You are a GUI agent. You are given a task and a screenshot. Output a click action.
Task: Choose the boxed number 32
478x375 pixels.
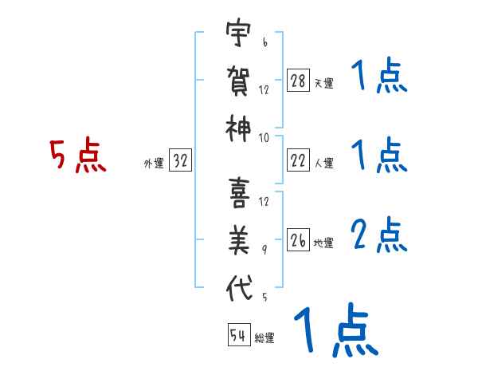pyautogui.click(x=181, y=161)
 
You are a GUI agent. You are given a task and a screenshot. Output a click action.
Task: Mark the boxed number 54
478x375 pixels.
pyautogui.click(x=237, y=335)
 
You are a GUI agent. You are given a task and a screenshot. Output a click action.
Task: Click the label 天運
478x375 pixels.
pyautogui.click(x=323, y=83)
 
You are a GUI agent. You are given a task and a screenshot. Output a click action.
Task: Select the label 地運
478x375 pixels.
pyautogui.click(x=323, y=243)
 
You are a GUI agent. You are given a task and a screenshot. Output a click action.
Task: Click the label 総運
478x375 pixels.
pyautogui.click(x=264, y=337)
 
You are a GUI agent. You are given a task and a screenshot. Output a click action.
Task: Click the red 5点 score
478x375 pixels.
pyautogui.click(x=78, y=156)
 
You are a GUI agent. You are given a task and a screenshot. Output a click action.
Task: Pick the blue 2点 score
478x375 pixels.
pyautogui.click(x=378, y=235)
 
